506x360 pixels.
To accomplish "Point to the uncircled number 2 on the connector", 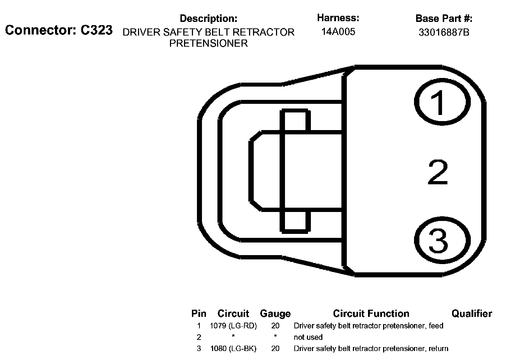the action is tap(438, 173).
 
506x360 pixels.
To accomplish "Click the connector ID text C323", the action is tap(96, 30).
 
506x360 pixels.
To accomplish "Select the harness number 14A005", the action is tap(338, 32).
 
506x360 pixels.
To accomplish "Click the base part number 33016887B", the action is tap(444, 32).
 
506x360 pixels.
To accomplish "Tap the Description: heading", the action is tap(208, 18).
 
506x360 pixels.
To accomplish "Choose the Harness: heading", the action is tap(338, 18).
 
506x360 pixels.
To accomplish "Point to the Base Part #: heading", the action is tap(444, 18).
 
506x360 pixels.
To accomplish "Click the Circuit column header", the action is tap(233, 314).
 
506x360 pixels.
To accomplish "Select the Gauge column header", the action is tap(275, 314).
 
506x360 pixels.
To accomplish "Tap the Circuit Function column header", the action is tap(371, 314).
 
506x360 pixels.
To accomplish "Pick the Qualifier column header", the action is tap(471, 314).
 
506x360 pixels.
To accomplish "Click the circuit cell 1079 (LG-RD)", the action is tap(233, 326).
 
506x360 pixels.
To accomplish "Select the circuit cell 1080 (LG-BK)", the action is tap(233, 349).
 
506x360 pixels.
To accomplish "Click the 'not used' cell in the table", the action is tap(308, 337).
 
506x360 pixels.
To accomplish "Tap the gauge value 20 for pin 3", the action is tap(275, 349).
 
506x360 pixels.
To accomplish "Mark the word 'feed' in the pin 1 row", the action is tap(436, 326).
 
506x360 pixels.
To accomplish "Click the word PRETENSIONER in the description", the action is tap(208, 43).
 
